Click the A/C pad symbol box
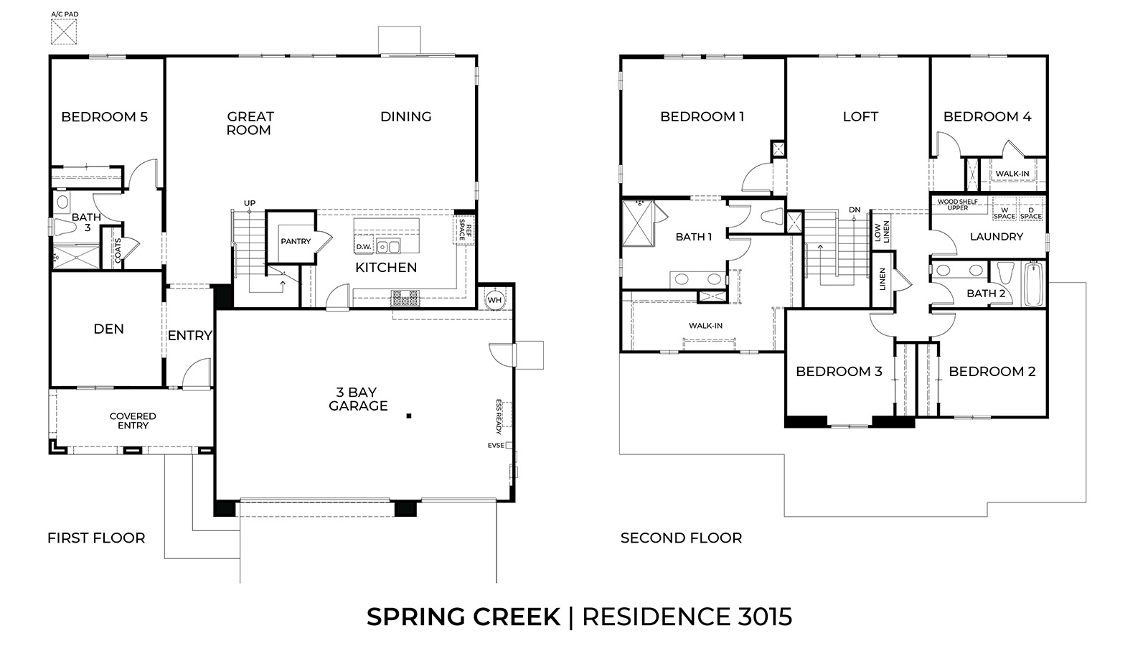(x=64, y=32)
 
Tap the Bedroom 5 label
(x=104, y=116)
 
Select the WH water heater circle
(x=494, y=299)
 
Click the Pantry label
(x=296, y=241)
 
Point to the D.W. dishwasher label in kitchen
(x=363, y=247)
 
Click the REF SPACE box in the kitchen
(x=464, y=232)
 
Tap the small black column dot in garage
(x=408, y=416)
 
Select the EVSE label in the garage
(x=496, y=446)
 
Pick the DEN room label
(x=109, y=329)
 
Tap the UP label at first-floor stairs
(x=249, y=203)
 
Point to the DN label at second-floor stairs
(x=854, y=210)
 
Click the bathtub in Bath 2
(x=1033, y=284)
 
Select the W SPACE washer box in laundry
(x=1004, y=213)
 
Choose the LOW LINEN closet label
(x=881, y=231)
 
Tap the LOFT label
(x=860, y=116)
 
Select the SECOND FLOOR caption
(x=681, y=538)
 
